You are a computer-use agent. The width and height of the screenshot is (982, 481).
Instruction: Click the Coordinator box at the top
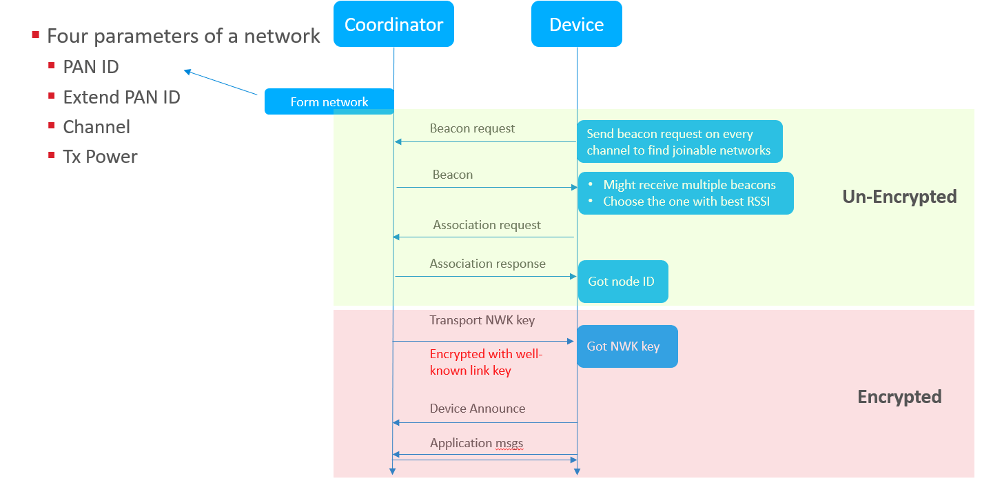(393, 25)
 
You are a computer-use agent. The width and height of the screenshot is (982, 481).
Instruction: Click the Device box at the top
(576, 25)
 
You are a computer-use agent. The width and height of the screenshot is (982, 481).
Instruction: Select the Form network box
(329, 102)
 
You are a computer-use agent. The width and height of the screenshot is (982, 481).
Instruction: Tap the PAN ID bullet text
(91, 67)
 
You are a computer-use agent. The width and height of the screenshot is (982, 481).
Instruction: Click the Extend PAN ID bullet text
(121, 97)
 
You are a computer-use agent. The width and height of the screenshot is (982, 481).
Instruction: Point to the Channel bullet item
(96, 127)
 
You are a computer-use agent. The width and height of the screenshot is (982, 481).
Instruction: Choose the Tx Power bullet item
(100, 157)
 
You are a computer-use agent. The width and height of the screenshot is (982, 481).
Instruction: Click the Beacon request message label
(472, 128)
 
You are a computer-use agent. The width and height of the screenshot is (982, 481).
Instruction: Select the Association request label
(487, 225)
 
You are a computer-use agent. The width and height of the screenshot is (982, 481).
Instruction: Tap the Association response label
(487, 264)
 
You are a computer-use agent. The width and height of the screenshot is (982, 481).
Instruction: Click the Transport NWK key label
(482, 320)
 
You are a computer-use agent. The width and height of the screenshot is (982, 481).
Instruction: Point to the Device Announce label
(477, 409)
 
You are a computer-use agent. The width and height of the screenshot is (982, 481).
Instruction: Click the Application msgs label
(477, 443)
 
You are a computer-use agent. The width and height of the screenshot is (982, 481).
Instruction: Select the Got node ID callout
(622, 282)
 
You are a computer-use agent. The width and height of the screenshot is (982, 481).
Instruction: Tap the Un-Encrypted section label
(899, 197)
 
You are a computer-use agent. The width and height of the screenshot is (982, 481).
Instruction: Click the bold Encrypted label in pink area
(899, 397)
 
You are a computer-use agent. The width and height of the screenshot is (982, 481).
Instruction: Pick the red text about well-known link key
(486, 362)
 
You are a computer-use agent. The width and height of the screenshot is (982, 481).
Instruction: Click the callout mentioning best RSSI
(685, 193)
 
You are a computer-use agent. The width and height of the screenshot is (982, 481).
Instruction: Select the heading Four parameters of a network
(183, 36)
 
